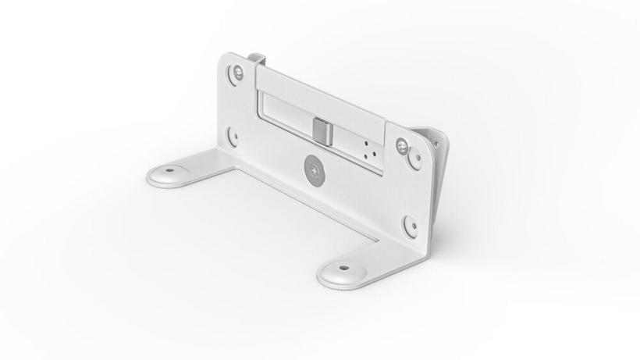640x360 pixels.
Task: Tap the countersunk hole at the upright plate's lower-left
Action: click(233, 138)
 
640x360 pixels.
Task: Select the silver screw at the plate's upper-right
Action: click(402, 144)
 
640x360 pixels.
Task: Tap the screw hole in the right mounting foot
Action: click(341, 269)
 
